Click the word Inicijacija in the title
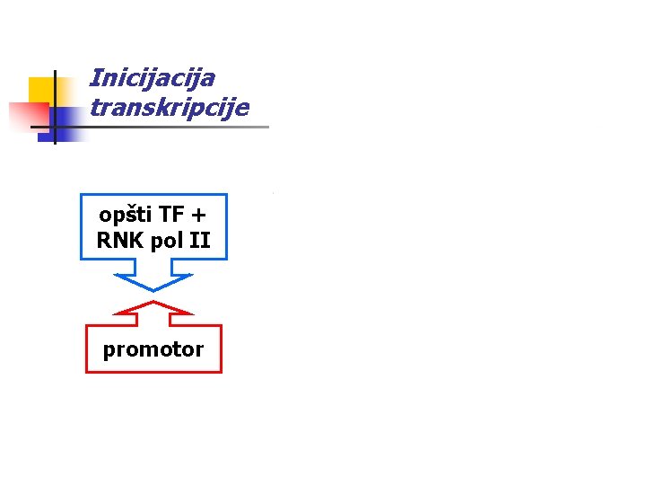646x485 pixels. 152,79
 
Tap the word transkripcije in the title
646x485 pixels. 169,108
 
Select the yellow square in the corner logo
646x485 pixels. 41,90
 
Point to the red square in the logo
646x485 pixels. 27,116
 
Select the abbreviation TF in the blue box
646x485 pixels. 170,216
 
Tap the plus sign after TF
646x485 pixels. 198,216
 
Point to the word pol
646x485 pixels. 169,241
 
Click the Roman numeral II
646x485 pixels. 200,241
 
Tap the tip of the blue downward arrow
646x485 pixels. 153,289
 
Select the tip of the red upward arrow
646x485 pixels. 153,303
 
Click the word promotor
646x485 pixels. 153,349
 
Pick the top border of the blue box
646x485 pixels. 153,194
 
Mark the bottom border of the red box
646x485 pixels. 153,372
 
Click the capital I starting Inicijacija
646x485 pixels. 96,78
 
